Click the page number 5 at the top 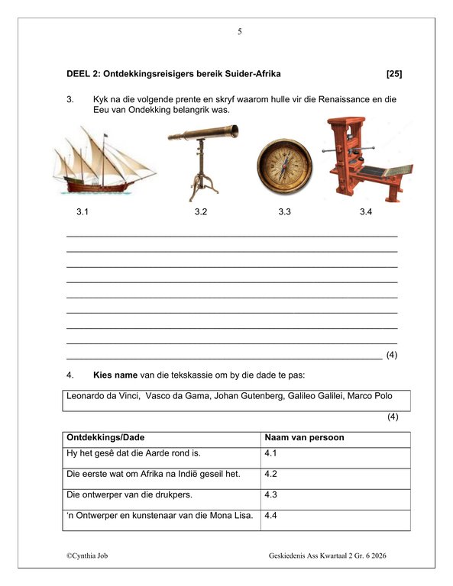240,31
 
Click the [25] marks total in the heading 394,74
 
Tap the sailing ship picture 103,163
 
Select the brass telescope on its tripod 201,159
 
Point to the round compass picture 284,166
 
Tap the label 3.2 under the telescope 201,212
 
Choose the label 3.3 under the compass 285,212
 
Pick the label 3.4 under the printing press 366,212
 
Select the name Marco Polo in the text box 371,396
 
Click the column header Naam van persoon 303,438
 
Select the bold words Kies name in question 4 115,375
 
